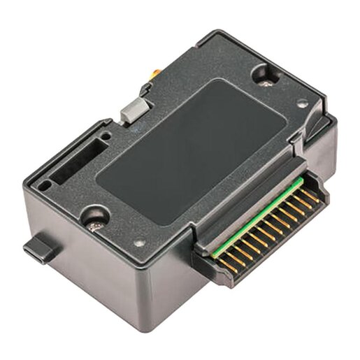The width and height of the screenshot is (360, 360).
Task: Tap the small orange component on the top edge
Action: click(x=152, y=73)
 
